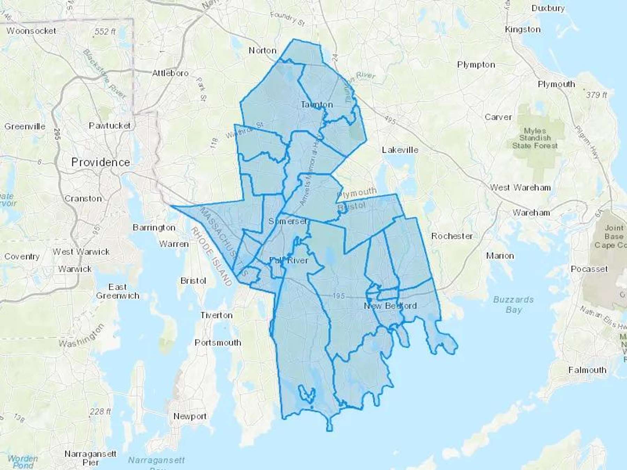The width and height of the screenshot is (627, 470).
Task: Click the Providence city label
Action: click(100, 162)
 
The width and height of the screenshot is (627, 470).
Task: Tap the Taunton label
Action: click(317, 104)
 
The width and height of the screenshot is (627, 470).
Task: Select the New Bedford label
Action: click(390, 306)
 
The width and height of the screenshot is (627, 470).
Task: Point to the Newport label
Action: click(190, 416)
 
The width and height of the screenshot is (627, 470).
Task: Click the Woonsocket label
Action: click(31, 31)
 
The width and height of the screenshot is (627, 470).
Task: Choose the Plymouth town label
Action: click(556, 84)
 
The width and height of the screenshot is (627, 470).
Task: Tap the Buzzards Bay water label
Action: click(513, 305)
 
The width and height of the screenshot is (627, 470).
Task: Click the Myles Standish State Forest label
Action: click(535, 138)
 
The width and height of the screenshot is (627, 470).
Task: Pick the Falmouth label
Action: click(587, 370)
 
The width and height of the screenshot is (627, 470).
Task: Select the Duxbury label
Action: click(548, 8)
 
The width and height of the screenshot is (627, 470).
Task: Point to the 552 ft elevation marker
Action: click(104, 32)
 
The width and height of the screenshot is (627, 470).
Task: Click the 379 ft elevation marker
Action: click(596, 95)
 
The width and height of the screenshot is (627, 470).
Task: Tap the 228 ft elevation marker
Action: click(100, 412)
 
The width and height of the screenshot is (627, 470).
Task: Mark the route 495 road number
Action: click(390, 120)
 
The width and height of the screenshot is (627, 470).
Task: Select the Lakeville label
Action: click(400, 150)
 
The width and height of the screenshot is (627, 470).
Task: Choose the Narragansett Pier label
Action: click(91, 458)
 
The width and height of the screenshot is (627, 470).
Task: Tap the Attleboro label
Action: click(170, 73)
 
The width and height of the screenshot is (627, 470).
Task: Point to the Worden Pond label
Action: click(23, 462)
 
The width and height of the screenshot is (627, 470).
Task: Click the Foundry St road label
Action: click(288, 19)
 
